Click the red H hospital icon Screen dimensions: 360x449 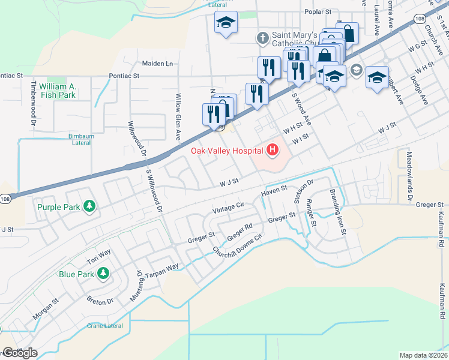pos(273,150)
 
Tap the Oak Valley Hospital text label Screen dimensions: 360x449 pos(228,151)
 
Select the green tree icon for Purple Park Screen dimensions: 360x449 pos(89,207)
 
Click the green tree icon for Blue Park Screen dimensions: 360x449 pos(103,274)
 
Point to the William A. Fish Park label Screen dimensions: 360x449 pos(58,91)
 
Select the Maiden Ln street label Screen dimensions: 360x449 pos(157,63)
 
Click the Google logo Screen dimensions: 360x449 pos(20,353)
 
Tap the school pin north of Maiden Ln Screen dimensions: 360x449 pos(226,23)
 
